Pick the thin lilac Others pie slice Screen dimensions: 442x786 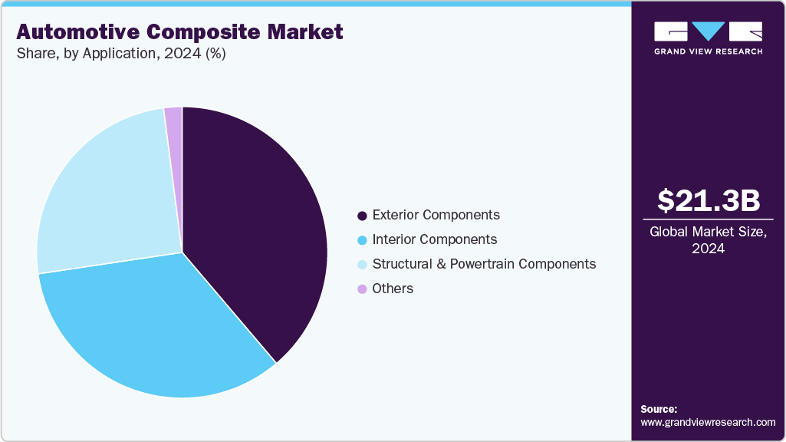tap(174, 123)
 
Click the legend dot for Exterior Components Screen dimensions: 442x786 tap(362, 216)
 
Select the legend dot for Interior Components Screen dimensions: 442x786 tap(362, 240)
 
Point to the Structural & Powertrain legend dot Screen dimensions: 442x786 tap(362, 265)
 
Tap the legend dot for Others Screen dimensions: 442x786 tap(362, 289)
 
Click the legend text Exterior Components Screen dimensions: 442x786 tap(436, 215)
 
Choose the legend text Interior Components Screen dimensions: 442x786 tap(434, 239)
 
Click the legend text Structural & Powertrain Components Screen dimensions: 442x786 tap(484, 264)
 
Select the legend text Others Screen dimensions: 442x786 tap(393, 289)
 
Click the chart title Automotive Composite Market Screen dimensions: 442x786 tap(179, 32)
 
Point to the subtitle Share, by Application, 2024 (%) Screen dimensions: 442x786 tap(121, 54)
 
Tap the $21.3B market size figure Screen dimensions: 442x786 tap(709, 200)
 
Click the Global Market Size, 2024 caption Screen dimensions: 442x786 tap(709, 240)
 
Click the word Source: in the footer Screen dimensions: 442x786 tap(659, 409)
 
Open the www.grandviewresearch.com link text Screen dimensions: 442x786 tap(708, 422)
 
